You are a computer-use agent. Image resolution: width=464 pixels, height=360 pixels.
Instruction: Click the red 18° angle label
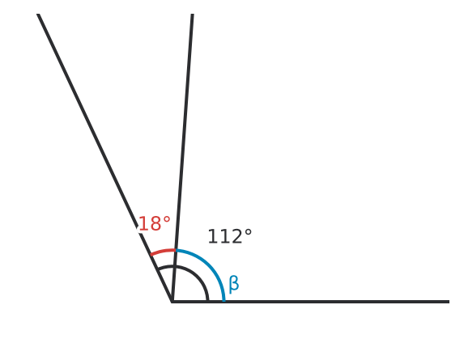point(155,223)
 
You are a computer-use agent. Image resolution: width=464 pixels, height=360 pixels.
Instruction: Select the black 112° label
point(230,236)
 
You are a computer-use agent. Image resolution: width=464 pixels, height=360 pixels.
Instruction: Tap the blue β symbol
point(234,284)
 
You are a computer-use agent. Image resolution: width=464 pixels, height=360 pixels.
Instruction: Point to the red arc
point(163,251)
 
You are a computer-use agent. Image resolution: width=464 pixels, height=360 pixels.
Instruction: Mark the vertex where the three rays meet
point(172,302)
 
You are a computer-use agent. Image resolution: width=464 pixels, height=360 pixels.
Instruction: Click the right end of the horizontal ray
point(449,302)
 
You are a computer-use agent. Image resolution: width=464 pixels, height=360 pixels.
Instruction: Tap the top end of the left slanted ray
point(38,14)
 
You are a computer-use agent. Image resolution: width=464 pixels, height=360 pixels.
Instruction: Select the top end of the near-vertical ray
point(193,14)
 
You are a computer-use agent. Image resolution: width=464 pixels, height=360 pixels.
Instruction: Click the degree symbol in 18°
point(167,219)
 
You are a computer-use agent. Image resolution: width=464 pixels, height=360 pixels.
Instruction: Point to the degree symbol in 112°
point(248,232)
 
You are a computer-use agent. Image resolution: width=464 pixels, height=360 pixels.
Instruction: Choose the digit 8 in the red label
point(156,224)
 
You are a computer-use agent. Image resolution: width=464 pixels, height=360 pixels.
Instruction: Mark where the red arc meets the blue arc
point(176,250)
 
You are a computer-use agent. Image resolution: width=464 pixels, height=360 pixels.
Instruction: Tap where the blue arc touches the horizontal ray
point(224,301)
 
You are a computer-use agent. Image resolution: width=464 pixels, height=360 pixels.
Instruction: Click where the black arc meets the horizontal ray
point(208,301)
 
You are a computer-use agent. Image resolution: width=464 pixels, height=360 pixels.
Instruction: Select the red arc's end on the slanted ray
point(151,255)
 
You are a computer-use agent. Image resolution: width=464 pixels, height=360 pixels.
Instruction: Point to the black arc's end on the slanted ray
point(158,269)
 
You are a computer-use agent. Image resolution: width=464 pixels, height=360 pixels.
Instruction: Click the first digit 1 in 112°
point(213,236)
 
